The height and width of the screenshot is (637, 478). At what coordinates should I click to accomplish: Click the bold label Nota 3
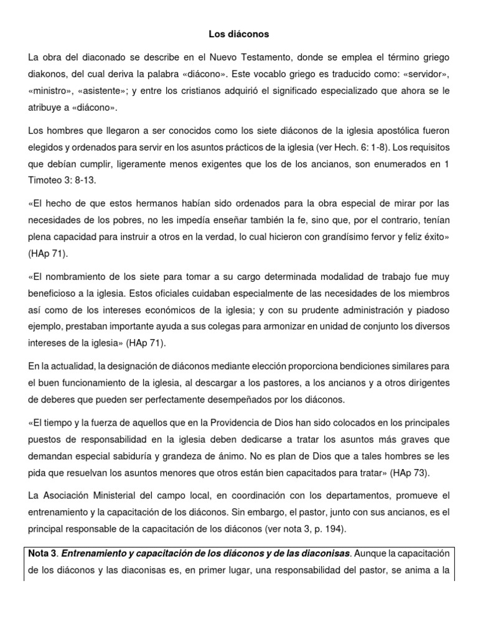click(42, 552)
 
